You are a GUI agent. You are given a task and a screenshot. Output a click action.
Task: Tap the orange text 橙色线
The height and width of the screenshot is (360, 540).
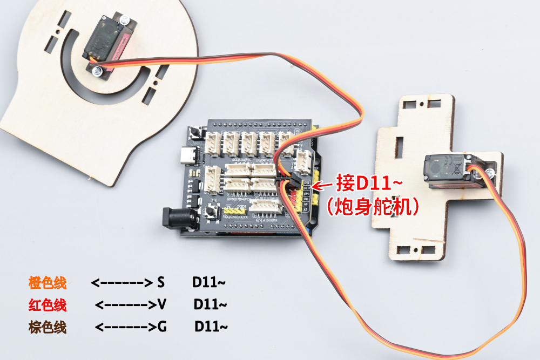tap(48, 282)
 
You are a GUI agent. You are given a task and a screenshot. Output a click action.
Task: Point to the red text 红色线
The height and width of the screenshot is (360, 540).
tap(48, 305)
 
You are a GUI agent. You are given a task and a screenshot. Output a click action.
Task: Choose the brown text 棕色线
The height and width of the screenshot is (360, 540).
tap(48, 327)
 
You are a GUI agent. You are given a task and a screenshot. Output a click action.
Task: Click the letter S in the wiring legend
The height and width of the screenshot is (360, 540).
tap(160, 282)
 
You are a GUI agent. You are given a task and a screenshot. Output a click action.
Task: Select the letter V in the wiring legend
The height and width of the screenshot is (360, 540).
tap(161, 305)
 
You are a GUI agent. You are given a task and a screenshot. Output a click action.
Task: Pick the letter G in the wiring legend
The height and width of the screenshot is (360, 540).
tap(161, 327)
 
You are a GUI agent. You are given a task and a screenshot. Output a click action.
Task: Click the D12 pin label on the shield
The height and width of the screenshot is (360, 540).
tap(307, 183)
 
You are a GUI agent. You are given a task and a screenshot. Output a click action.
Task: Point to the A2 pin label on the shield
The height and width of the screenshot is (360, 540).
tap(306, 209)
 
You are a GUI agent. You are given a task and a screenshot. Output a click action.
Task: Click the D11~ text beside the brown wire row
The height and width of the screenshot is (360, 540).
tap(211, 327)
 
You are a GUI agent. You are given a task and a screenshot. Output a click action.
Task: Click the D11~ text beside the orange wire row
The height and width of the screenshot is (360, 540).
tap(208, 282)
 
